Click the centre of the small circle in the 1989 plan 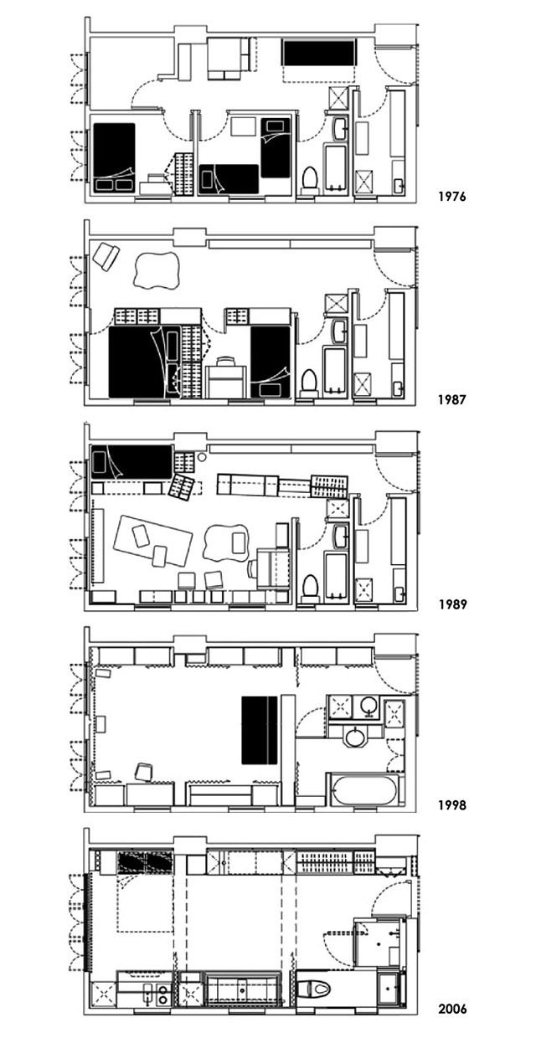tap(201, 457)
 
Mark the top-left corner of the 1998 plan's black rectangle tap(241, 696)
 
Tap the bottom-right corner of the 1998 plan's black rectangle tap(277, 764)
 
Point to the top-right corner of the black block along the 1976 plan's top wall tap(354, 41)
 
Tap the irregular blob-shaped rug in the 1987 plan tap(156, 270)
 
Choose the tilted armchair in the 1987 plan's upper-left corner tap(106, 255)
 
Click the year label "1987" tap(451, 399)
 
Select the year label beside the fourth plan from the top tap(452, 805)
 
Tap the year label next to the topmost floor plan tap(451, 197)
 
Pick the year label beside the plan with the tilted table tap(452, 604)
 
